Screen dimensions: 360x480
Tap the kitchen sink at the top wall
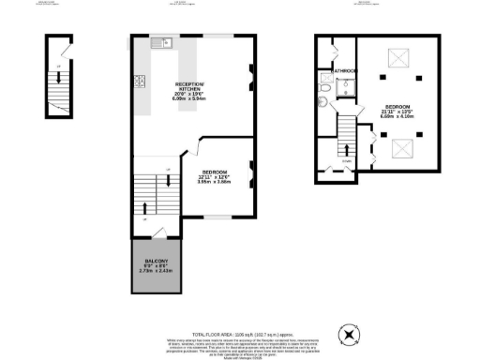coord(159,42)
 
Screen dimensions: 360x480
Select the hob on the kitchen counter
coord(139,80)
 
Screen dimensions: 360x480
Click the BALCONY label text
coord(156,259)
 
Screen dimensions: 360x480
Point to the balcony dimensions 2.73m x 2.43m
coord(156,270)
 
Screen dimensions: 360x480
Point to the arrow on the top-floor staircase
coord(348,147)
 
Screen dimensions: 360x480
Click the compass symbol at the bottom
coord(350,332)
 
